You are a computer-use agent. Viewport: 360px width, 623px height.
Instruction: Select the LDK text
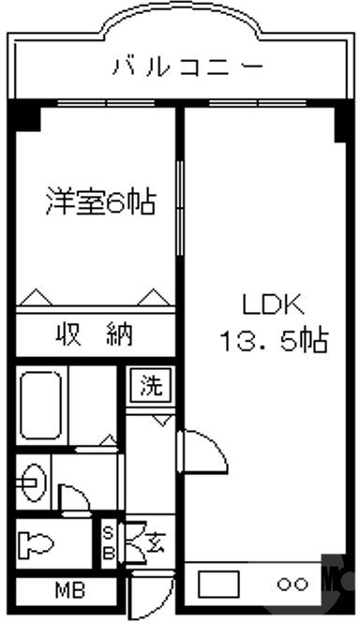click(271, 305)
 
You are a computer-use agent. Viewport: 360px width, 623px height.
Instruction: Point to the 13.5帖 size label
click(273, 342)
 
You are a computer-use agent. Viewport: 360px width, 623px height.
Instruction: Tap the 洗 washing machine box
click(150, 385)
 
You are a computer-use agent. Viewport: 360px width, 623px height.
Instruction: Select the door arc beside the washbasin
click(73, 497)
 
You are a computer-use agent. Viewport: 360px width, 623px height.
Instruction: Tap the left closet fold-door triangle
click(35, 298)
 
